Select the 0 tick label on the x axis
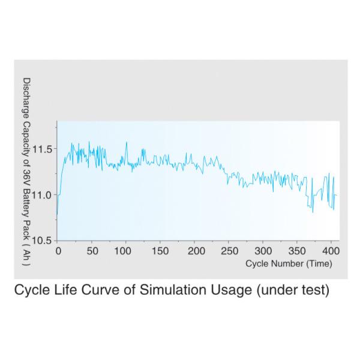click(x=58, y=251)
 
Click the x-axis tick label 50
click(x=92, y=251)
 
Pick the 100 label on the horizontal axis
click(x=125, y=251)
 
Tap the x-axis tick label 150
click(x=161, y=251)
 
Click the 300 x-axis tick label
click(x=264, y=251)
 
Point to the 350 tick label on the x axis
click(x=298, y=251)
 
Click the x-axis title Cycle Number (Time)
click(x=288, y=263)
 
